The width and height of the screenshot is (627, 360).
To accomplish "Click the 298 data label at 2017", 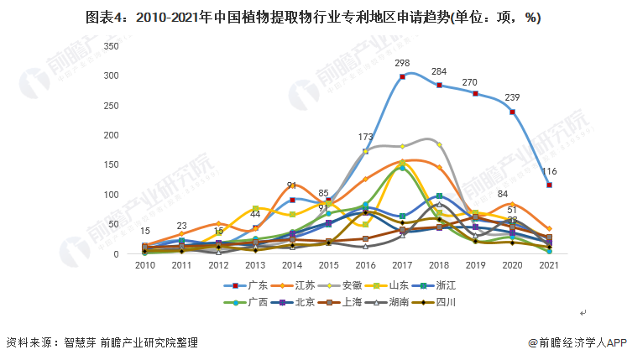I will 402,63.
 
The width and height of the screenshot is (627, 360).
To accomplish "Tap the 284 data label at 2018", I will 438,71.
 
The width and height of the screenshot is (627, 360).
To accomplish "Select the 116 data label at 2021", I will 549,171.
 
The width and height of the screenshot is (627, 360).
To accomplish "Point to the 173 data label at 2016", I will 365,137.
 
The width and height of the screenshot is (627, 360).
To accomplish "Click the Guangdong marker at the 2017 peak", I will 402,76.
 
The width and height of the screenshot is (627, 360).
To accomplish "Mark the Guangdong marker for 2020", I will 512,112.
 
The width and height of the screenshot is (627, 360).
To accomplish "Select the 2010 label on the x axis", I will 145,264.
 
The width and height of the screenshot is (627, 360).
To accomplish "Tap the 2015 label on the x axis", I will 328,264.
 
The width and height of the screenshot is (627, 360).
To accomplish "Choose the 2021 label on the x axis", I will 549,264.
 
